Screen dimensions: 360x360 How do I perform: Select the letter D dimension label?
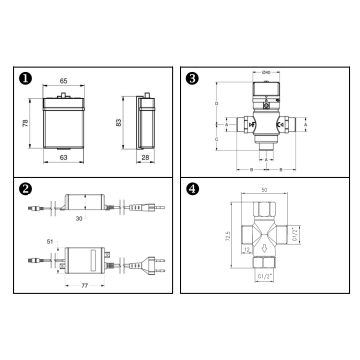point(217,103)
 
